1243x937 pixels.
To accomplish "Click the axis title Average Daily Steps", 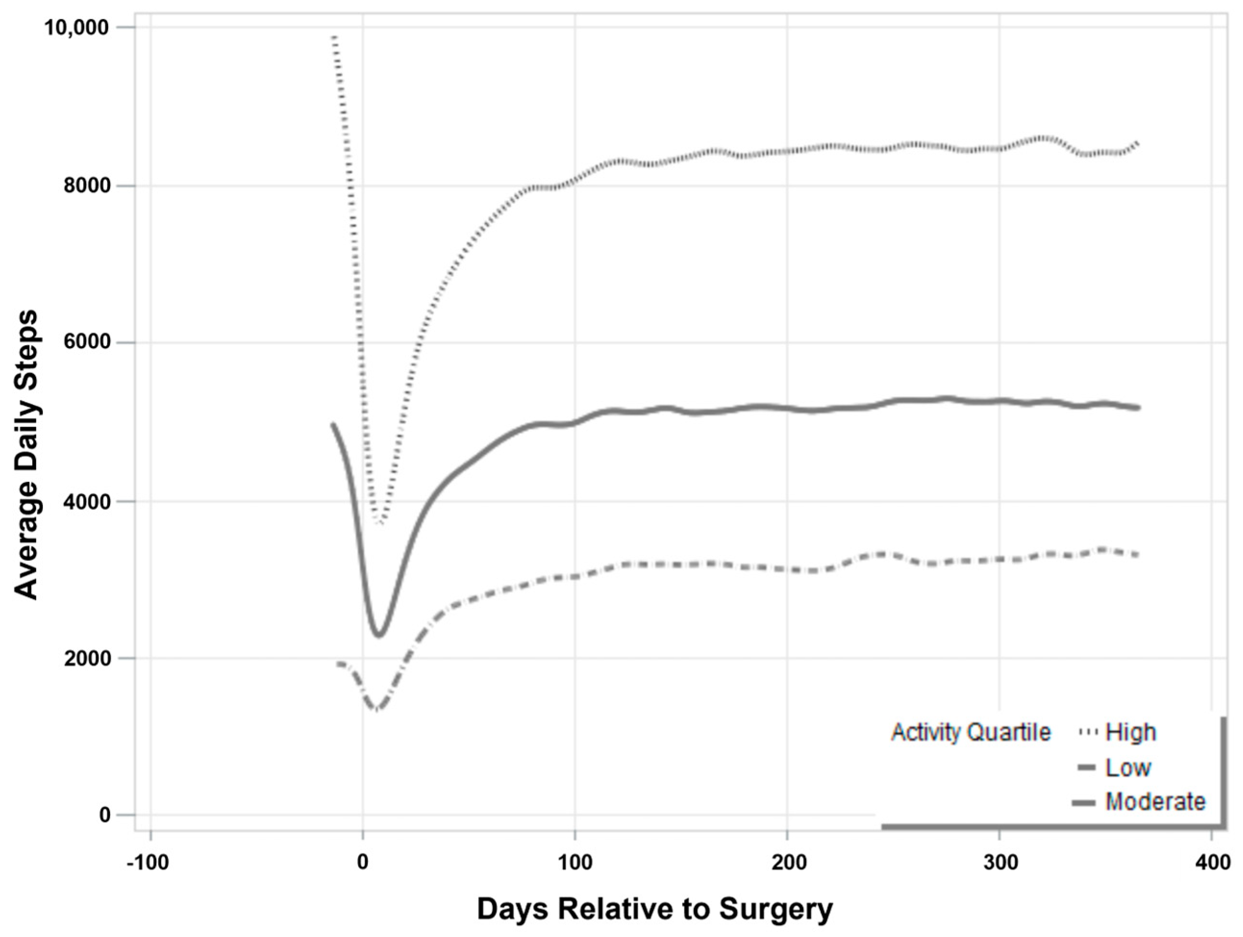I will click(x=26, y=455).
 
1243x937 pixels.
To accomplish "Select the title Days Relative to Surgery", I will click(x=655, y=910).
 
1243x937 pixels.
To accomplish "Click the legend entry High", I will click(x=1130, y=732).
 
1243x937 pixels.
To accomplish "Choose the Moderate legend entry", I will click(x=1155, y=801).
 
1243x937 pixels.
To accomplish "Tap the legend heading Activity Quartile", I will click(x=971, y=732).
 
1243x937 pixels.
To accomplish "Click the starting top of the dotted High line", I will click(x=335, y=37).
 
